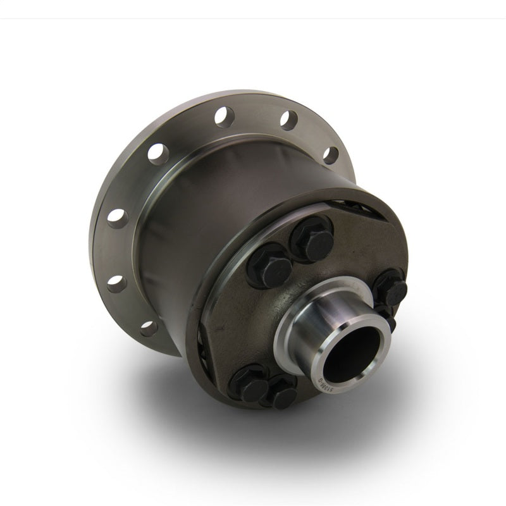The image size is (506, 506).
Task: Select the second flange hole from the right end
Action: click(288, 120)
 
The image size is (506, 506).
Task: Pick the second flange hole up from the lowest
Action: click(116, 281)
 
